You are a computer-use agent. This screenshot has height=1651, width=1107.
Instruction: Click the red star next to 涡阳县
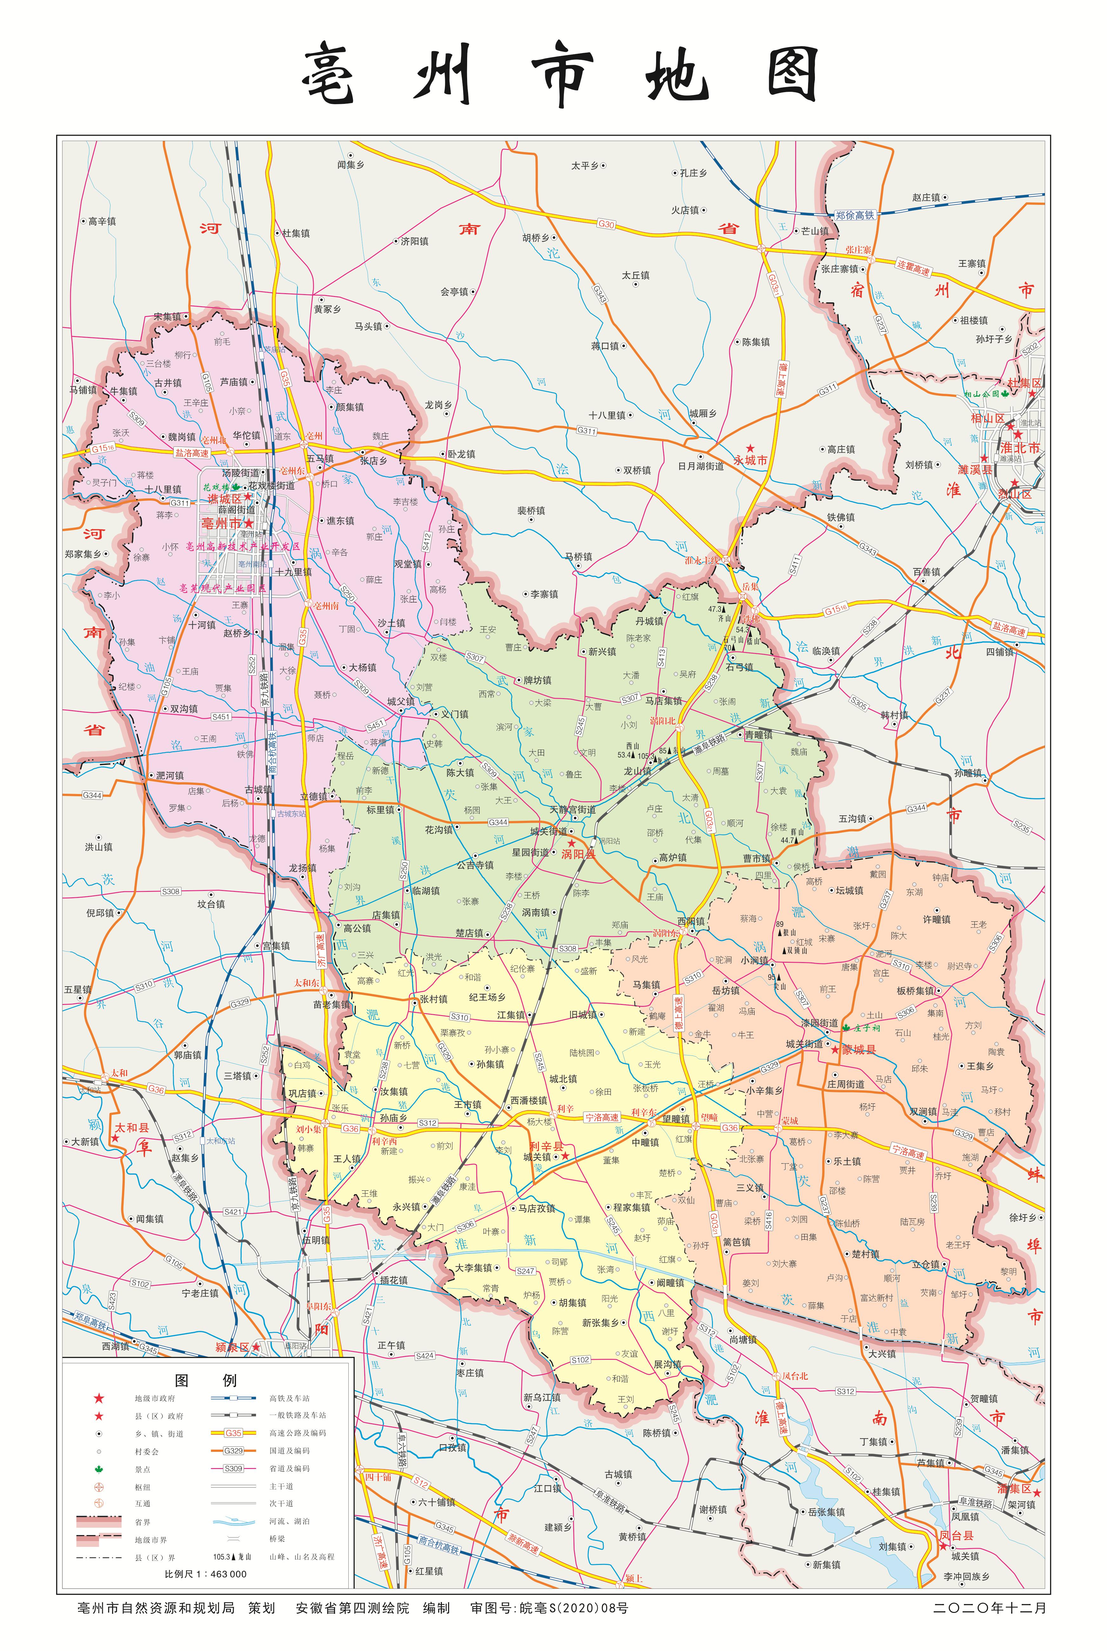(571, 842)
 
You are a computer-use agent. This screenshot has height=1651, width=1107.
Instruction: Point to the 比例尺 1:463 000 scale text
(205, 1574)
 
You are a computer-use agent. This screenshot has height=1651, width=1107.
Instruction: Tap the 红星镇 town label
(428, 1571)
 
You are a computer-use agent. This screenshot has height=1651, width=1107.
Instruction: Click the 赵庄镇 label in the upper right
(926, 198)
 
